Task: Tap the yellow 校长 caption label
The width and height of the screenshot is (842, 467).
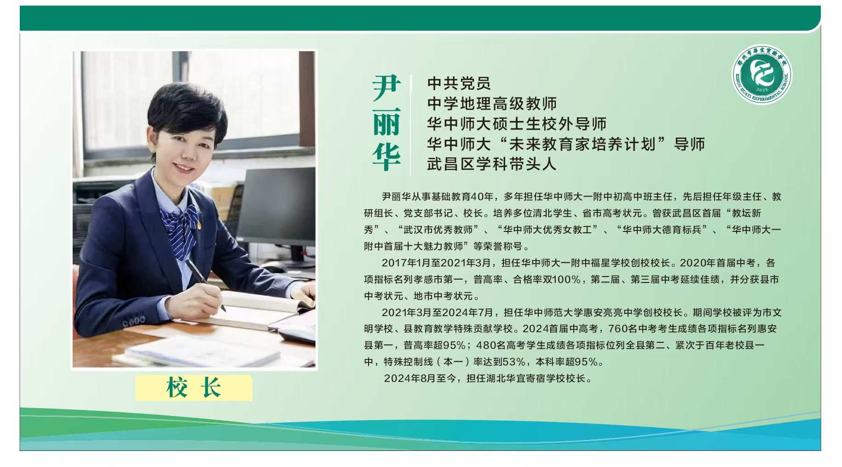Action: click(x=194, y=387)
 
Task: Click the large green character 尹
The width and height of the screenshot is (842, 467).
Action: click(x=386, y=89)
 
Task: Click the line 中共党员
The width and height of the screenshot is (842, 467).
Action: click(x=459, y=83)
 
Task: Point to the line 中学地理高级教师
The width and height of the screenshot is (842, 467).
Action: click(x=491, y=104)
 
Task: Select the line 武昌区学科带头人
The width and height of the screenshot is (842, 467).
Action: click(x=491, y=164)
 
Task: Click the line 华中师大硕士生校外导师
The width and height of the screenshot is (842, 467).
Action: click(x=516, y=124)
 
